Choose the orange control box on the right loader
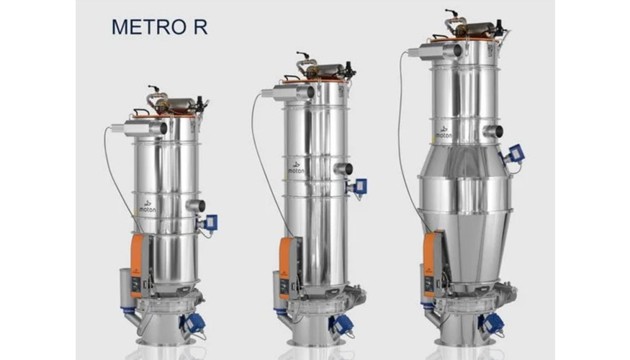pos(432,256)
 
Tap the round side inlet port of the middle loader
pos(343,168)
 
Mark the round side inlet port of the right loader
pos(494,131)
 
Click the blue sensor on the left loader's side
pos(210,222)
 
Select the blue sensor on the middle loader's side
pos(359,186)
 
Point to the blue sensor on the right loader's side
pos(515,153)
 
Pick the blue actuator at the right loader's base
pos(492,323)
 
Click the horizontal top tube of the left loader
pos(145,128)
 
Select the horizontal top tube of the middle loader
pos(288,92)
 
